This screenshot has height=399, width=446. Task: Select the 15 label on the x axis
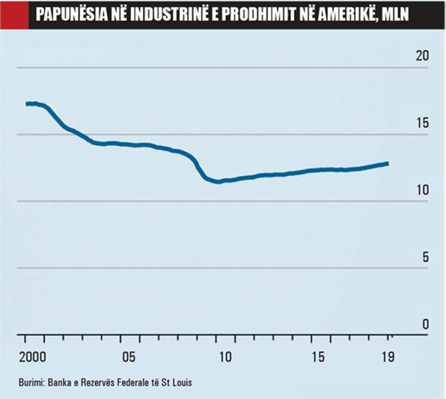[318, 357]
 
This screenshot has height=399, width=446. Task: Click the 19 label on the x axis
[388, 357]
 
